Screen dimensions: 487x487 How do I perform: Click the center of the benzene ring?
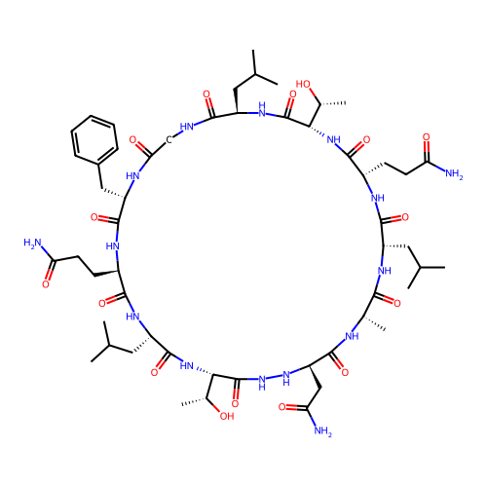tap(94, 139)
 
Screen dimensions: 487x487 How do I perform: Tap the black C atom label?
tap(169, 140)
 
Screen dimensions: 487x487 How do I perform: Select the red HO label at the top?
tap(303, 85)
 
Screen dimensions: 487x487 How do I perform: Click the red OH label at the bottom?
tap(227, 416)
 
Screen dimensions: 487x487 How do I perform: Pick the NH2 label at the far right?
tap(454, 174)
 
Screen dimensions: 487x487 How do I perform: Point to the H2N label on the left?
tap(32, 243)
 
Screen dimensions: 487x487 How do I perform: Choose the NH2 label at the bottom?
tap(322, 431)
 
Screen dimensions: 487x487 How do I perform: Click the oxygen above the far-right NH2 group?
tap(427, 137)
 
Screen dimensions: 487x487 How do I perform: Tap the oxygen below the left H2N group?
tap(46, 284)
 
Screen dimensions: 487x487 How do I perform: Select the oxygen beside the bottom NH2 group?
tap(282, 407)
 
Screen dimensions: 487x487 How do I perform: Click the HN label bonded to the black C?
tap(187, 127)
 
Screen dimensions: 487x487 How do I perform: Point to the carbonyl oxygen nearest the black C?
tap(132, 140)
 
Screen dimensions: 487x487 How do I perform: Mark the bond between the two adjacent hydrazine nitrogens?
tap(274, 377)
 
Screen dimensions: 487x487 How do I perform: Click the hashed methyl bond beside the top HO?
tap(333, 103)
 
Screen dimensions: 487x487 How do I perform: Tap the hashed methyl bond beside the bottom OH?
tap(194, 401)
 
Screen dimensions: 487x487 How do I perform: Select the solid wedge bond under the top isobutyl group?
tap(237, 100)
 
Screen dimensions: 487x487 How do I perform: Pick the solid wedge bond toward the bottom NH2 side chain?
tap(316, 377)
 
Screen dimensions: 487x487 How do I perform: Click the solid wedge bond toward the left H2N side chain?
tap(106, 274)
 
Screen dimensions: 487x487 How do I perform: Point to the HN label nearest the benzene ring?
tap(132, 176)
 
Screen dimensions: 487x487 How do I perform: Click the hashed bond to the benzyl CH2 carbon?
tap(113, 193)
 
